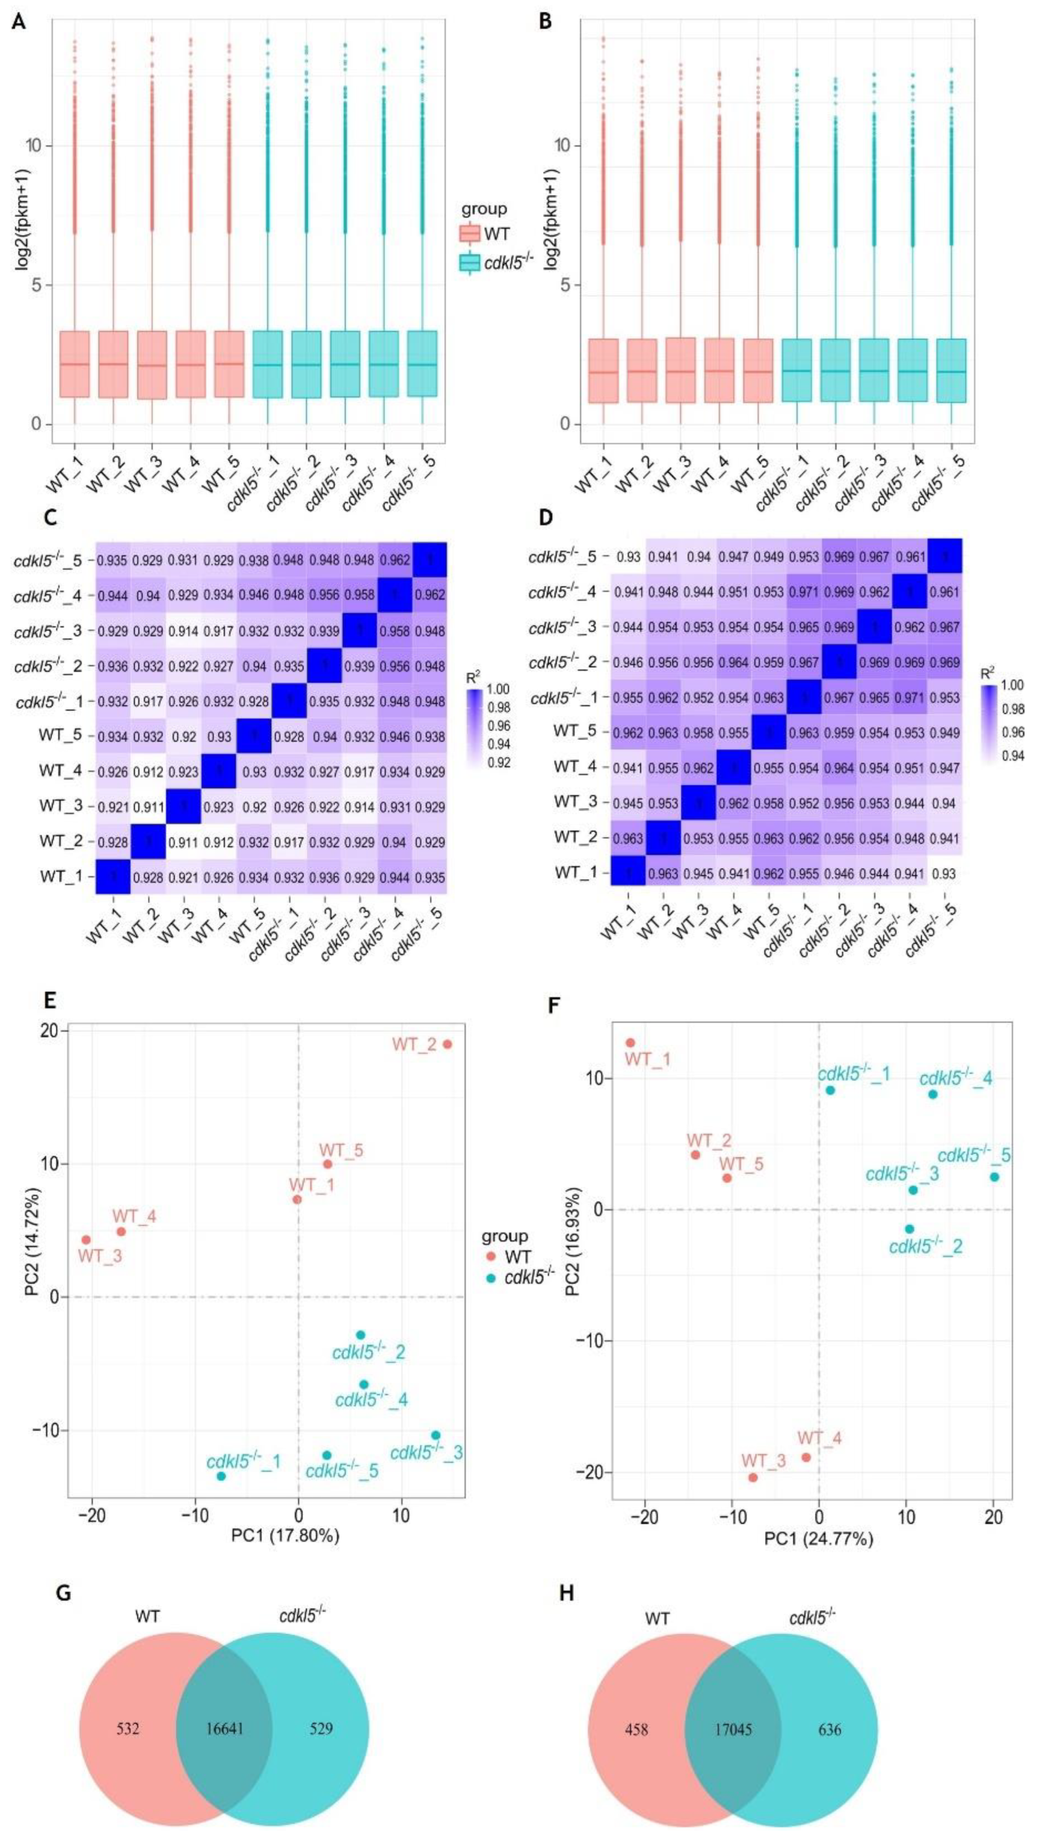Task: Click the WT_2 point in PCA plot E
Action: pyautogui.click(x=448, y=1044)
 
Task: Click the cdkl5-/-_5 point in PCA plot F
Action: pyautogui.click(x=994, y=1176)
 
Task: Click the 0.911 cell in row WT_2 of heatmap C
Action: pyautogui.click(x=184, y=842)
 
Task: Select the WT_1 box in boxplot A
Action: pyautogui.click(x=74, y=364)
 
